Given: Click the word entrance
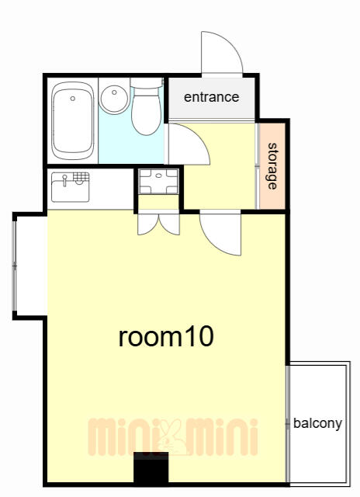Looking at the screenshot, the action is (x=212, y=97).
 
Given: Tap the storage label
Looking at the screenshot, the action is (x=272, y=166).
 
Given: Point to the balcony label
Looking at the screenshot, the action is (x=317, y=424).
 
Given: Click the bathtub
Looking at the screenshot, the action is (x=73, y=121).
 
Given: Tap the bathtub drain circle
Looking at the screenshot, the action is (x=73, y=99).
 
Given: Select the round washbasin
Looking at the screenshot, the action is (x=114, y=99).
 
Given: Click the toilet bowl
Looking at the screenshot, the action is (x=147, y=111).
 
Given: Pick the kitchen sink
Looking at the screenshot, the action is (x=71, y=187).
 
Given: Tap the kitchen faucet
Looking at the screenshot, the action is (x=65, y=180).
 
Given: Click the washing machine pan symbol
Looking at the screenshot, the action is (x=158, y=181).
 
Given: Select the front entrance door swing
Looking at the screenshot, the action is (x=222, y=53).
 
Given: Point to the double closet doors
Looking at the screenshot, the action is (x=158, y=224).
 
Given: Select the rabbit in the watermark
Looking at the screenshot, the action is (x=173, y=437).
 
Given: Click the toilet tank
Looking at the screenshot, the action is (x=147, y=83).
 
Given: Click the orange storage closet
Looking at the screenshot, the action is (x=272, y=166).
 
